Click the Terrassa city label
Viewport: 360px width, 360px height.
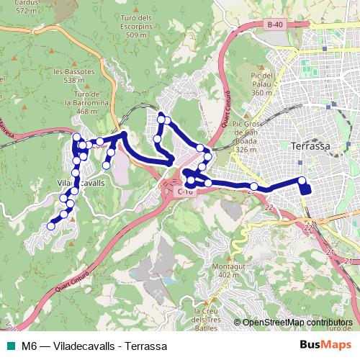pos(312,145)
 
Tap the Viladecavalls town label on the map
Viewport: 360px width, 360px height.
pos(81,184)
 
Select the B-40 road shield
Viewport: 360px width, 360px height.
pos(274,25)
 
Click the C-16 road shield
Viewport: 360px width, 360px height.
pos(184,192)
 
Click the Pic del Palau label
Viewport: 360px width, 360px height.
pos(260,84)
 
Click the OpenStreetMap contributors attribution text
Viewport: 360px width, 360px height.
pos(297,323)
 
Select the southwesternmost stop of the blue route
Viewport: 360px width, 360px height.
pos(50,226)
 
